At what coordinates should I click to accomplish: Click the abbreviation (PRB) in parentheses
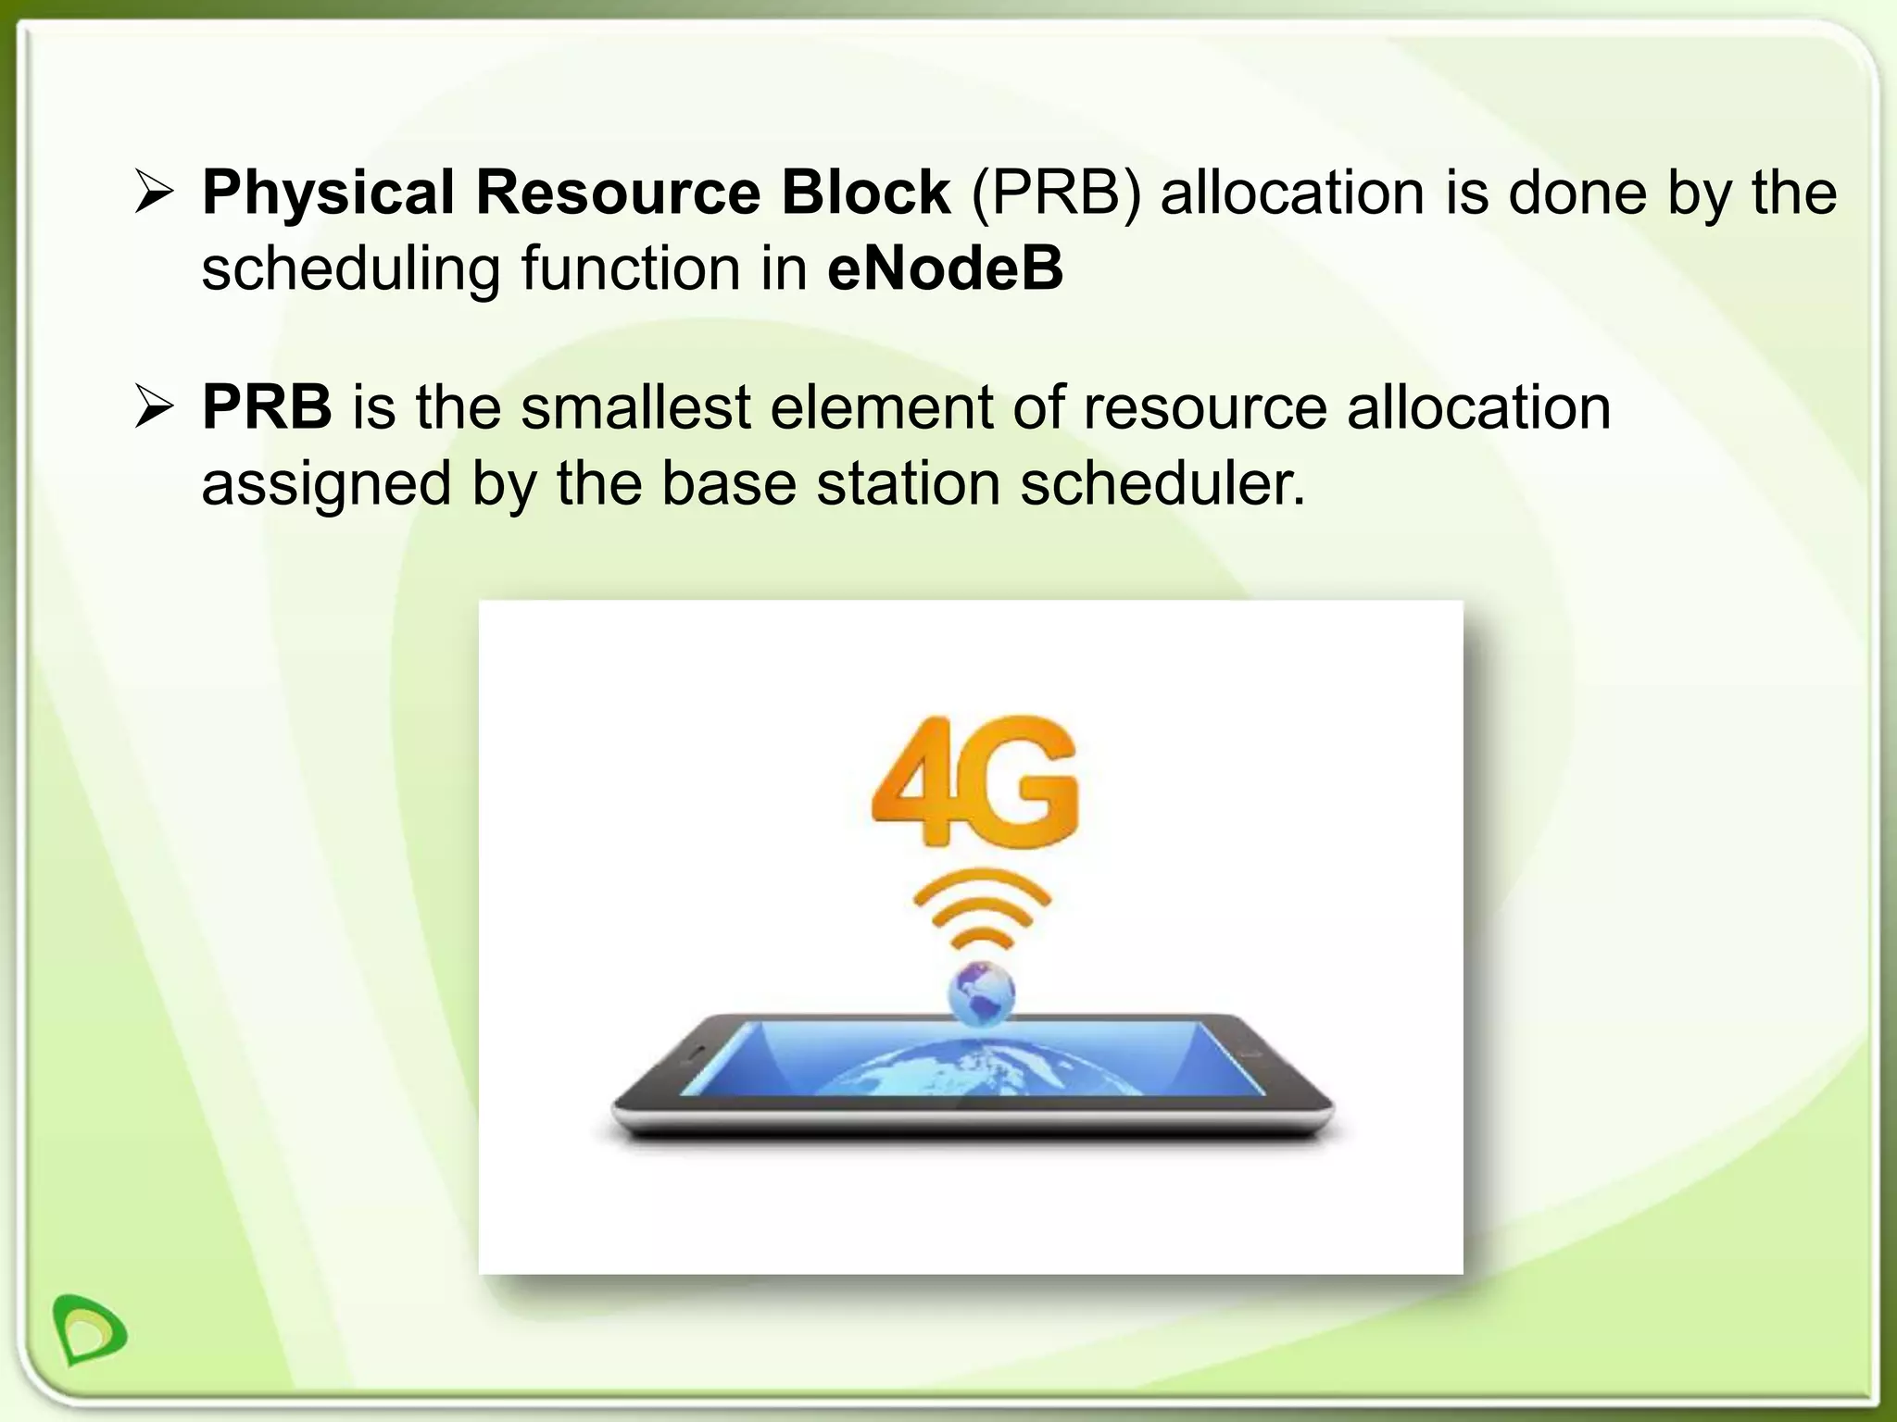click(x=1056, y=193)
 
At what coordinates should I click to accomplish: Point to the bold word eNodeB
click(x=945, y=268)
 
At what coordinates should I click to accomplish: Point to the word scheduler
click(x=1162, y=483)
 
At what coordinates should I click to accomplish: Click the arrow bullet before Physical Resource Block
click(x=153, y=193)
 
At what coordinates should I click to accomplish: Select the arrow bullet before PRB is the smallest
click(x=153, y=407)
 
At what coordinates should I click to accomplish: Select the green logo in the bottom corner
click(x=90, y=1329)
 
